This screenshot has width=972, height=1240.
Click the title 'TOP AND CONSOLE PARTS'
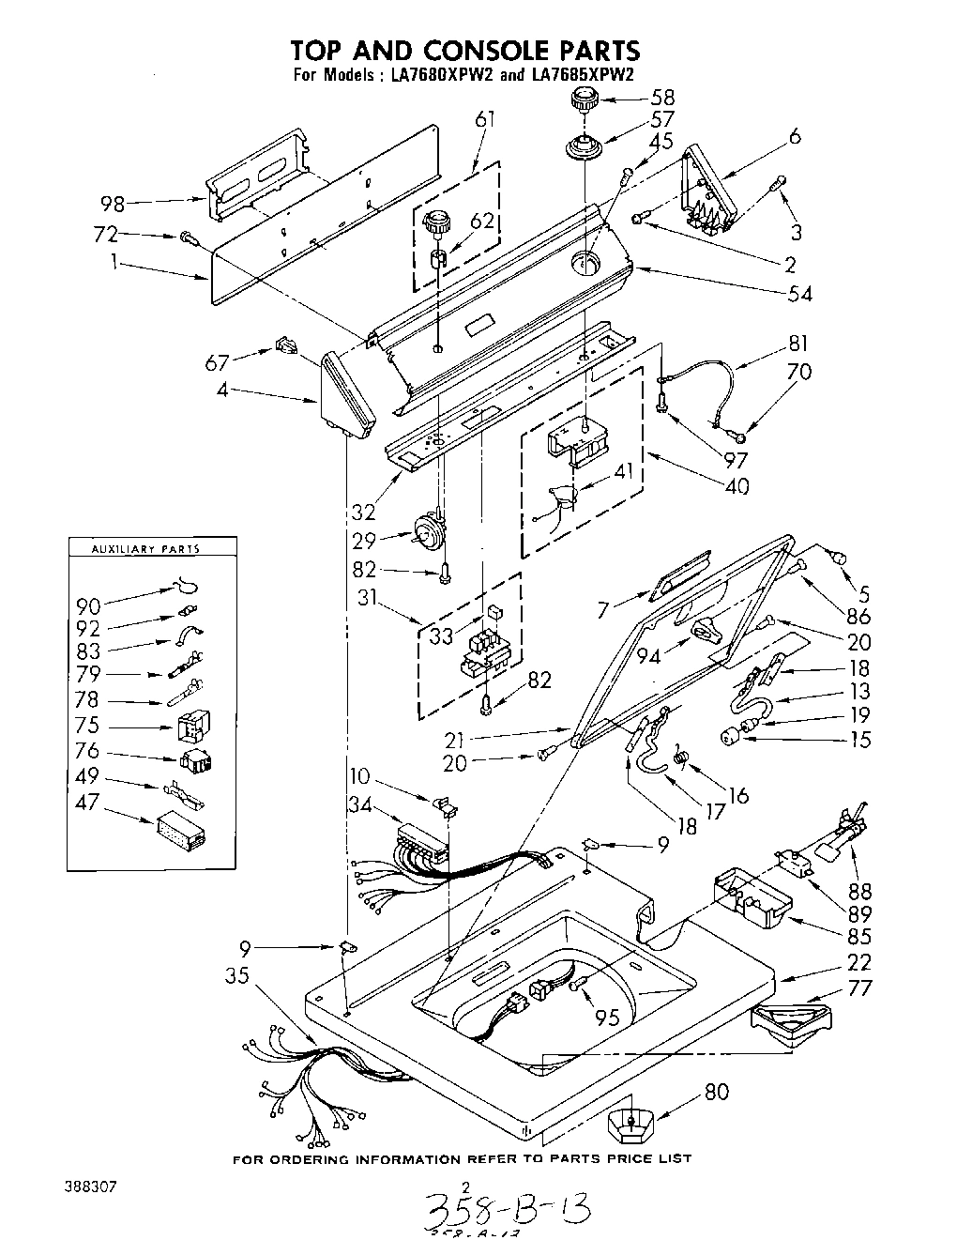click(x=464, y=50)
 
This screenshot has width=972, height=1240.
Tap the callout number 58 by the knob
click(x=662, y=97)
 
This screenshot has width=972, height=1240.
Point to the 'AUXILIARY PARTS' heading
click(x=150, y=549)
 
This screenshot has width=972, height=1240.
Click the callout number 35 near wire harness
click(x=236, y=976)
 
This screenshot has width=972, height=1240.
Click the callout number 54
click(x=799, y=293)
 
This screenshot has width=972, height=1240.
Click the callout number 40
click(x=737, y=487)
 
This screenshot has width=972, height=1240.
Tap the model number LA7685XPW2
click(x=582, y=77)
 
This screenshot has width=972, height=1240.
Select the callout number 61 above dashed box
click(x=485, y=119)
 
